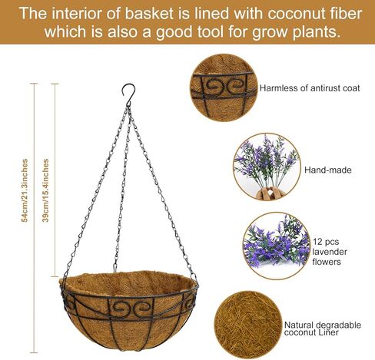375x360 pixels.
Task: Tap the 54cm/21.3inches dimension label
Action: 25,190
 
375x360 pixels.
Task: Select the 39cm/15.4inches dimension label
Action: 45,190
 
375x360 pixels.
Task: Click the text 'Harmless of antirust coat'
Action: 310,88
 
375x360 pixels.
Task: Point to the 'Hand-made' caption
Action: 328,170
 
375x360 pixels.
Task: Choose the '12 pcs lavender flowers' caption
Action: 330,252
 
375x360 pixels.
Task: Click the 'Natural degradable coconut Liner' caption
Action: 323,329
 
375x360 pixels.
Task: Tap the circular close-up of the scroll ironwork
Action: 224,88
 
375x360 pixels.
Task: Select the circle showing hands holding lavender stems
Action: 267,167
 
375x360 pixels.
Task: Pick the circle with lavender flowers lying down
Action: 276,246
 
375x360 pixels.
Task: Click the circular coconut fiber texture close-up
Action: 247,325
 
